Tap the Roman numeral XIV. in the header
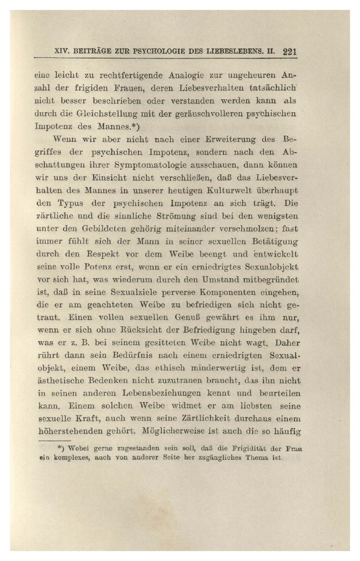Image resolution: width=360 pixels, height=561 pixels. click(x=63, y=51)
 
